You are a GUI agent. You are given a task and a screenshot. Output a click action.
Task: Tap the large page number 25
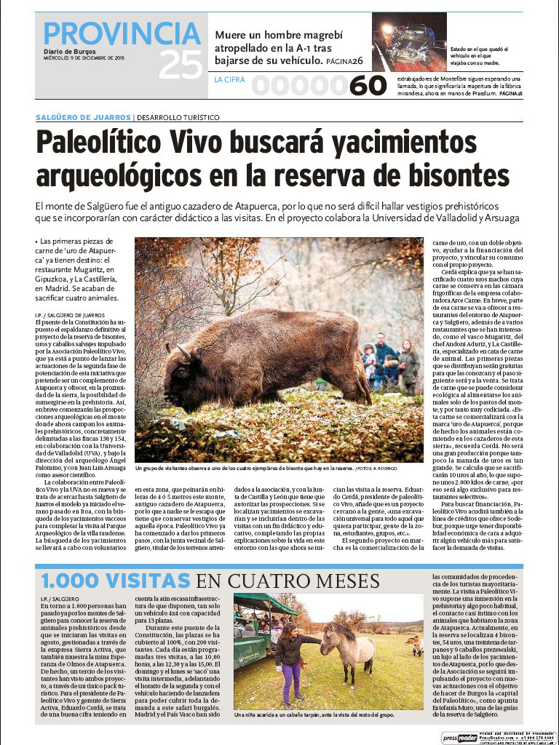tap(180, 66)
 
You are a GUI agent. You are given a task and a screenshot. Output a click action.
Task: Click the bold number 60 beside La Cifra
tap(368, 86)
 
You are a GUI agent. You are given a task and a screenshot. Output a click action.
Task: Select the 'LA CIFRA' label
tap(229, 80)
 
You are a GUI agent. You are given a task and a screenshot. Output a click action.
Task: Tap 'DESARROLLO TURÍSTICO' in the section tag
tap(178, 117)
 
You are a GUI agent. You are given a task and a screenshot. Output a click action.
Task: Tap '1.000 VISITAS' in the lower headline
tap(116, 581)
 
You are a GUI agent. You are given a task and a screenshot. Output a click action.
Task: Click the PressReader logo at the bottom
tap(459, 737)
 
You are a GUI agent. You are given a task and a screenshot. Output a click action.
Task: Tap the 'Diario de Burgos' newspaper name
tap(68, 51)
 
